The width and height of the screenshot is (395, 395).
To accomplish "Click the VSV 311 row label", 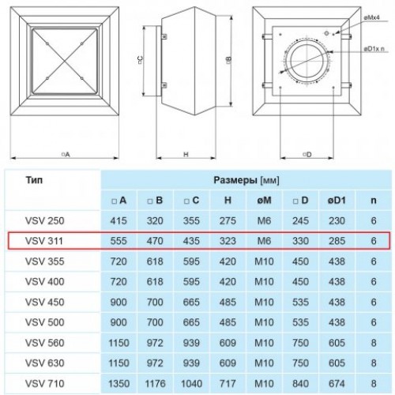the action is pyautogui.click(x=44, y=241).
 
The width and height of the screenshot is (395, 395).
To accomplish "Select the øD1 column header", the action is pyautogui.click(x=337, y=201).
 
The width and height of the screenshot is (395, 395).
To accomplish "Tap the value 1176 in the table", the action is pyautogui.click(x=155, y=383).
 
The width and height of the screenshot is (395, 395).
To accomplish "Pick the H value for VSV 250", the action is pyautogui.click(x=228, y=220).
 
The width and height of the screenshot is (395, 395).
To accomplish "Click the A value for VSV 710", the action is pyautogui.click(x=118, y=383).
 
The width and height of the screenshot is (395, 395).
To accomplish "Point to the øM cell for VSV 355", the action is pyautogui.click(x=264, y=261).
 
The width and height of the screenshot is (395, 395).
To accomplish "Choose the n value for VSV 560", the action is pyautogui.click(x=374, y=343).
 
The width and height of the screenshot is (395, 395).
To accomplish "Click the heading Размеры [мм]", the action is pyautogui.click(x=246, y=180).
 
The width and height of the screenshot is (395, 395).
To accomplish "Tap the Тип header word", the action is pyautogui.click(x=34, y=180).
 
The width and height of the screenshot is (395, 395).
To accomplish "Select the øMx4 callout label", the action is pyautogui.click(x=371, y=18).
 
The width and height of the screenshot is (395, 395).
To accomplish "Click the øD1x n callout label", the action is pyautogui.click(x=374, y=49).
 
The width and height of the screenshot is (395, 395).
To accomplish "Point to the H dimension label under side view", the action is pyautogui.click(x=186, y=154).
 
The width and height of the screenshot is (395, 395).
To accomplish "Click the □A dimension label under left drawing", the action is pyautogui.click(x=66, y=154).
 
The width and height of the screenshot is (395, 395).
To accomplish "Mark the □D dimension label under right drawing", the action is pyautogui.click(x=307, y=154).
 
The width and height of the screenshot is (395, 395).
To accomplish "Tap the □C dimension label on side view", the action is pyautogui.click(x=141, y=60).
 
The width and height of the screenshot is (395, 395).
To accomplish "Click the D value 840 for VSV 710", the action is pyautogui.click(x=300, y=383).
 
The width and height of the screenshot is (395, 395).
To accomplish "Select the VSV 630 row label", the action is pyautogui.click(x=44, y=363).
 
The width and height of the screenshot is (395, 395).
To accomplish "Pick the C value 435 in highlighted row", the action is pyautogui.click(x=191, y=241).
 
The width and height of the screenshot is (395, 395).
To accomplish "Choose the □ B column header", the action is pyautogui.click(x=155, y=201).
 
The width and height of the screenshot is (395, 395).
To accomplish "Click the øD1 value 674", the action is pyautogui.click(x=337, y=383).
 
